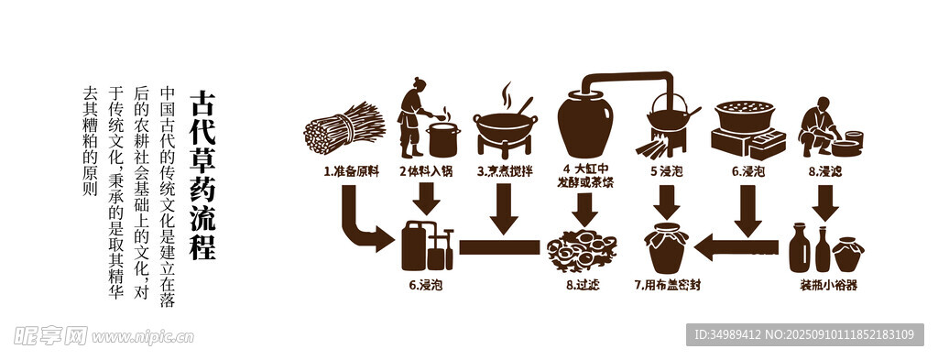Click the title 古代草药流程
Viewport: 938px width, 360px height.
click(202, 175)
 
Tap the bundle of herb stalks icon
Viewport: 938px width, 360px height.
click(344, 127)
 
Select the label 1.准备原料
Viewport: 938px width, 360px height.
click(352, 171)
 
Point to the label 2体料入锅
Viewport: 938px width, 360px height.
click(426, 171)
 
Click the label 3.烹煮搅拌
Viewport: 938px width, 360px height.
click(505, 171)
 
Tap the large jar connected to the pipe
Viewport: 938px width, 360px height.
click(585, 123)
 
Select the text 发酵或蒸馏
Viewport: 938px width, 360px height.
click(585, 182)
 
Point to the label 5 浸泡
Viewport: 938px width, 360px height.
click(667, 171)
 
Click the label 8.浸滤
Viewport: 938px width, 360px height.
click(825, 171)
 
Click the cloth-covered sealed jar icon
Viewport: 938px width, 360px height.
click(666, 247)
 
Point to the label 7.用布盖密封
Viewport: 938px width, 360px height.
click(667, 285)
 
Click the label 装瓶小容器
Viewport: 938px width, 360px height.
click(828, 285)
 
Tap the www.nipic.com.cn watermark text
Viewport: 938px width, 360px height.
click(142, 337)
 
